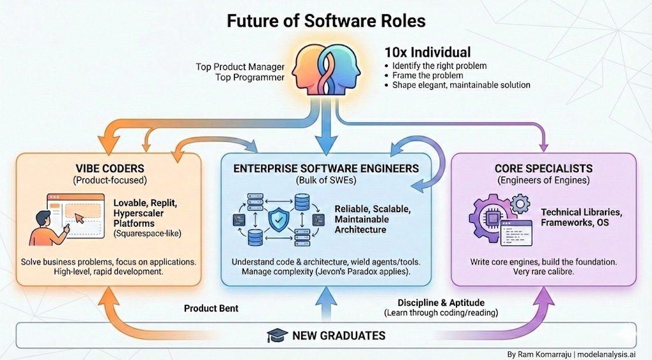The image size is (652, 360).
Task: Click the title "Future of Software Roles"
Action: pyautogui.click(x=325, y=20)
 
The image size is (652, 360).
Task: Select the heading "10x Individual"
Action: pyautogui.click(x=428, y=52)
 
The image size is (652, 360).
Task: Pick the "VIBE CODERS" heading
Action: pyautogui.click(x=108, y=168)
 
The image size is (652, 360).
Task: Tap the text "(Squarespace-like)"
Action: pyautogui.click(x=147, y=234)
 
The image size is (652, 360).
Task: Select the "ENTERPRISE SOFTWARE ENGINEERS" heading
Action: pyautogui.click(x=325, y=168)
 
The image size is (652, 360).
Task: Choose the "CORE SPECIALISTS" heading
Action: pyautogui.click(x=543, y=168)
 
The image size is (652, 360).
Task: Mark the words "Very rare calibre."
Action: pyautogui.click(x=543, y=272)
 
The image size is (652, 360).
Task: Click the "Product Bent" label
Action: pyautogui.click(x=211, y=308)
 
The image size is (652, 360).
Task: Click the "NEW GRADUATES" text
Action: pyautogui.click(x=338, y=335)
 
